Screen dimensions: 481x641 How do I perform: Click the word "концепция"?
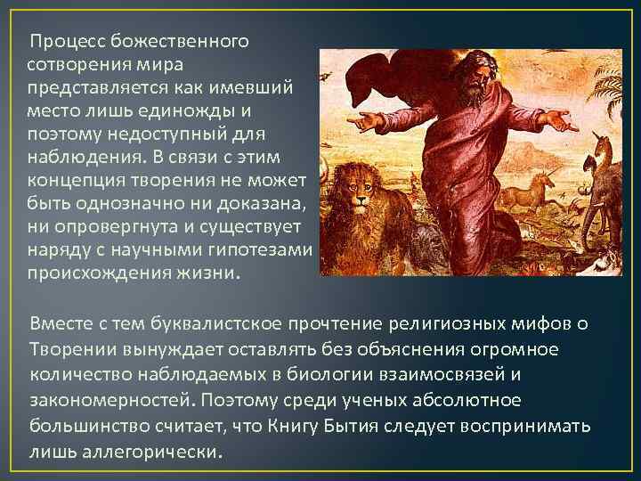[x=76, y=181]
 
